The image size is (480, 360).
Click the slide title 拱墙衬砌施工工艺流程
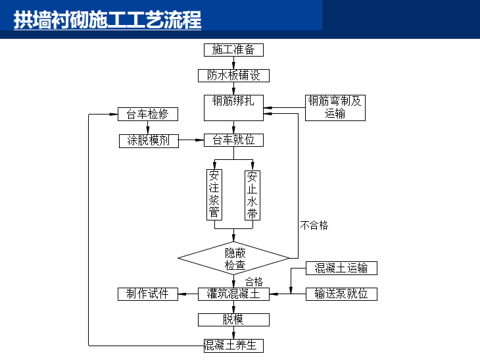point(107,20)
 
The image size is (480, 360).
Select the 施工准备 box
point(233,50)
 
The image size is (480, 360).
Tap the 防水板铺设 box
point(233,76)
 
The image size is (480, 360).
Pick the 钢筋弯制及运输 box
point(335,107)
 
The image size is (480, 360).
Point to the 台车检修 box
point(148,114)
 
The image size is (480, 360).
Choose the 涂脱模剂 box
point(149,140)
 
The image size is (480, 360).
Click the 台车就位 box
point(233,140)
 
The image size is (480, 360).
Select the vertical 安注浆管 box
point(214,195)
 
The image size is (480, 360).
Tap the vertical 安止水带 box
point(252,195)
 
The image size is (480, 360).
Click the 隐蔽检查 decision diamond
point(234,259)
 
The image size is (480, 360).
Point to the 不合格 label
point(314,225)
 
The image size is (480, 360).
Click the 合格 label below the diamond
point(254,282)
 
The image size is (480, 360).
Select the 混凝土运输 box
point(341,268)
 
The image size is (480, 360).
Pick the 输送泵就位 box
point(341,294)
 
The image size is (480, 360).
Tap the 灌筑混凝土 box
point(233,294)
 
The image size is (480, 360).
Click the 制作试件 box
point(148,294)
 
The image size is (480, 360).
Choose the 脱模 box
point(233,320)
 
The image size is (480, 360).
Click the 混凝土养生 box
point(233,345)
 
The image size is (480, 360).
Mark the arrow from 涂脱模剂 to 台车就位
point(191,140)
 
